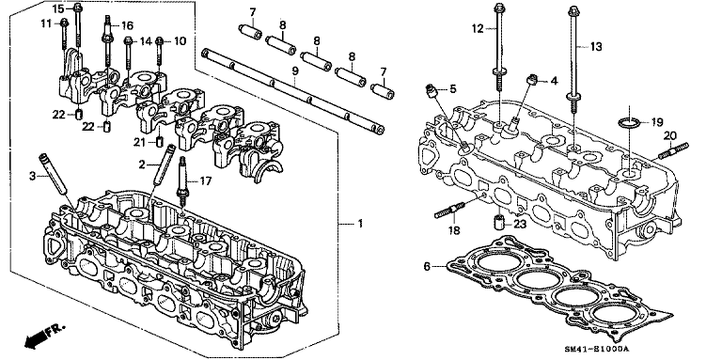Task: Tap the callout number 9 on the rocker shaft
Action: point(294,71)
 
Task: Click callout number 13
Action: point(594,45)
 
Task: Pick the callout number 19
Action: point(657,121)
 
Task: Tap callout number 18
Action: point(454,230)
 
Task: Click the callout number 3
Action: point(31,175)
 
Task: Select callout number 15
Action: point(58,8)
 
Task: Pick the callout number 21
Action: point(139,142)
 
